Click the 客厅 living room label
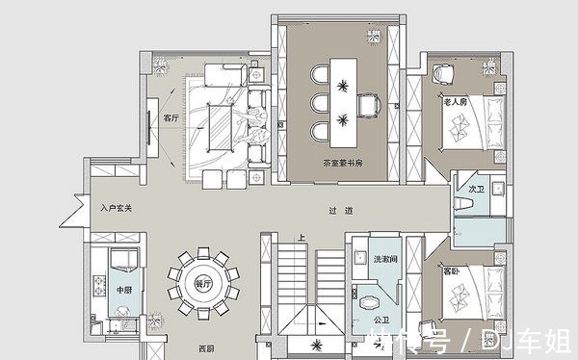coord(171,119)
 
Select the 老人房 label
coord(454,99)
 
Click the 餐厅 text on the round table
coord(202,284)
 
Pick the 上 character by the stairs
coord(302,238)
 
